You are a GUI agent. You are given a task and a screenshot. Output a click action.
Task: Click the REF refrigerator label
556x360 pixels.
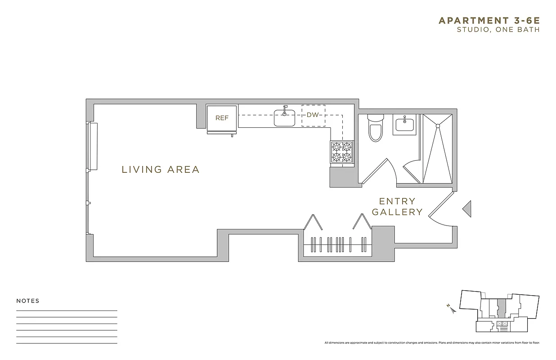click(222, 118)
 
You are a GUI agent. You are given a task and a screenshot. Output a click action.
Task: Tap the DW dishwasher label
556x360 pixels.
click(313, 115)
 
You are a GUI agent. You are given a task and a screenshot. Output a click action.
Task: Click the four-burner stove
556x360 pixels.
click(341, 152)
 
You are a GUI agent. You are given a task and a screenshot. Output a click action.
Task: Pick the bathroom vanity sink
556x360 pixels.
click(406, 124)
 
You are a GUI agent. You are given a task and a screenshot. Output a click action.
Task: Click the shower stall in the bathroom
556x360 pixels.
click(438, 148)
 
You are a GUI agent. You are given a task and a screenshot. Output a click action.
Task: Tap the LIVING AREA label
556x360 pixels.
click(161, 170)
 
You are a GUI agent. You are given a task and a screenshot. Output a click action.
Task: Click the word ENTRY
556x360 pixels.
click(397, 201)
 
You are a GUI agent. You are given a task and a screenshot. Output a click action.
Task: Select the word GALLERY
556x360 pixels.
click(397, 212)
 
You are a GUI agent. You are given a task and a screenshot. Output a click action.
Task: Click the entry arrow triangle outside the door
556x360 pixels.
click(467, 208)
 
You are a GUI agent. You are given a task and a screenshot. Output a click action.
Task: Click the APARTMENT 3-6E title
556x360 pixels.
click(489, 20)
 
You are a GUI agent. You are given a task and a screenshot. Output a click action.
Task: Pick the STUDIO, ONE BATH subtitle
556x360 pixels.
click(498, 30)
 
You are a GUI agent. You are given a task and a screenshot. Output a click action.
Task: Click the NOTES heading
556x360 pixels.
click(28, 301)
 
